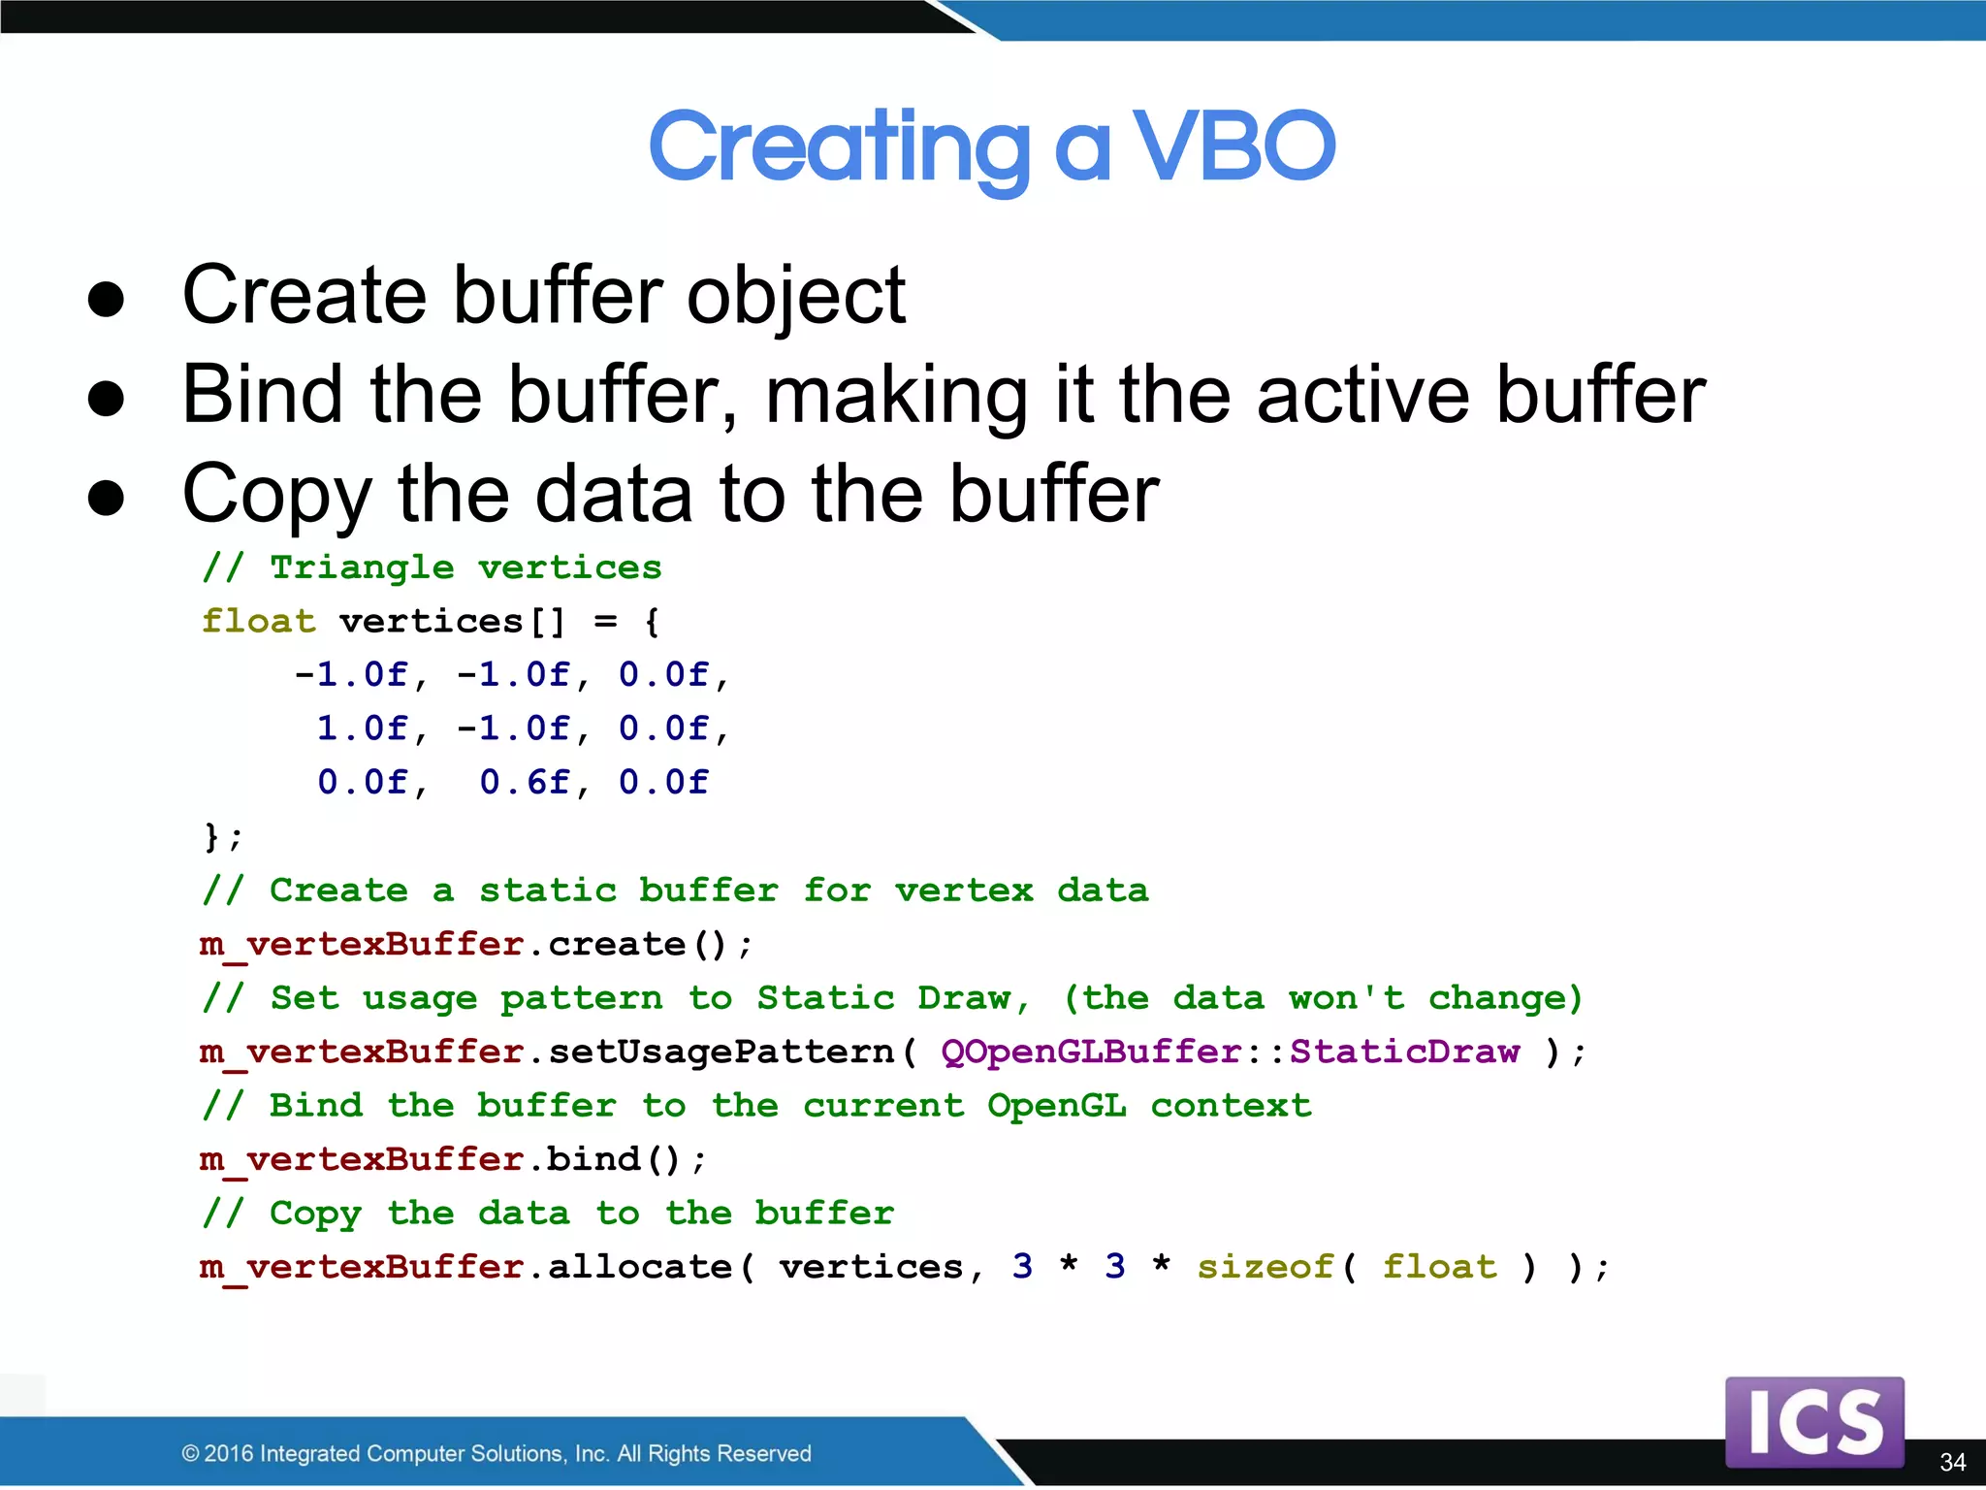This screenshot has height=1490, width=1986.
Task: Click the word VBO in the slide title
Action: [1233, 147]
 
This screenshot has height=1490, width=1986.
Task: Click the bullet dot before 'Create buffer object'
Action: [106, 299]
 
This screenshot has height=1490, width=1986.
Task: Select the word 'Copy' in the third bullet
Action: [276, 496]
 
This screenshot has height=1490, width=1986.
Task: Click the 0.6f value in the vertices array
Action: [525, 782]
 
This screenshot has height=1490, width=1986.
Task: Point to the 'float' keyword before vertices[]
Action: [258, 621]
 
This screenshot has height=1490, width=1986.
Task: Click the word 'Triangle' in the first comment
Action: [362, 567]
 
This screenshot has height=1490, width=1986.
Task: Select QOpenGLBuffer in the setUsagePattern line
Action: [1091, 1052]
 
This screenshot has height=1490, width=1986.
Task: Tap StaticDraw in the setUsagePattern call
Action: [1404, 1052]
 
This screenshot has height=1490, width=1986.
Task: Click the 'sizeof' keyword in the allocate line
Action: [1265, 1267]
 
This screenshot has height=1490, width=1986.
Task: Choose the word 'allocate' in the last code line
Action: [640, 1267]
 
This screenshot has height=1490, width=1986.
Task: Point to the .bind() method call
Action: [615, 1159]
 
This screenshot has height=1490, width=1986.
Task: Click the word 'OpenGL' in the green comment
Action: [1056, 1106]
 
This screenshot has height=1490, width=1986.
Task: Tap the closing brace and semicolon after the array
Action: [222, 836]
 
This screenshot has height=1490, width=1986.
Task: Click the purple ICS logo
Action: [1813, 1422]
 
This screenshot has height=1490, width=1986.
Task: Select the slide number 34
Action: [1952, 1462]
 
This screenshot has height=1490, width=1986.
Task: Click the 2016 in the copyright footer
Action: [229, 1453]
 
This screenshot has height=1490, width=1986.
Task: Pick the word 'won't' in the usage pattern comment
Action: [1346, 998]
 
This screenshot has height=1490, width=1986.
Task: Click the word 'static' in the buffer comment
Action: [548, 891]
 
